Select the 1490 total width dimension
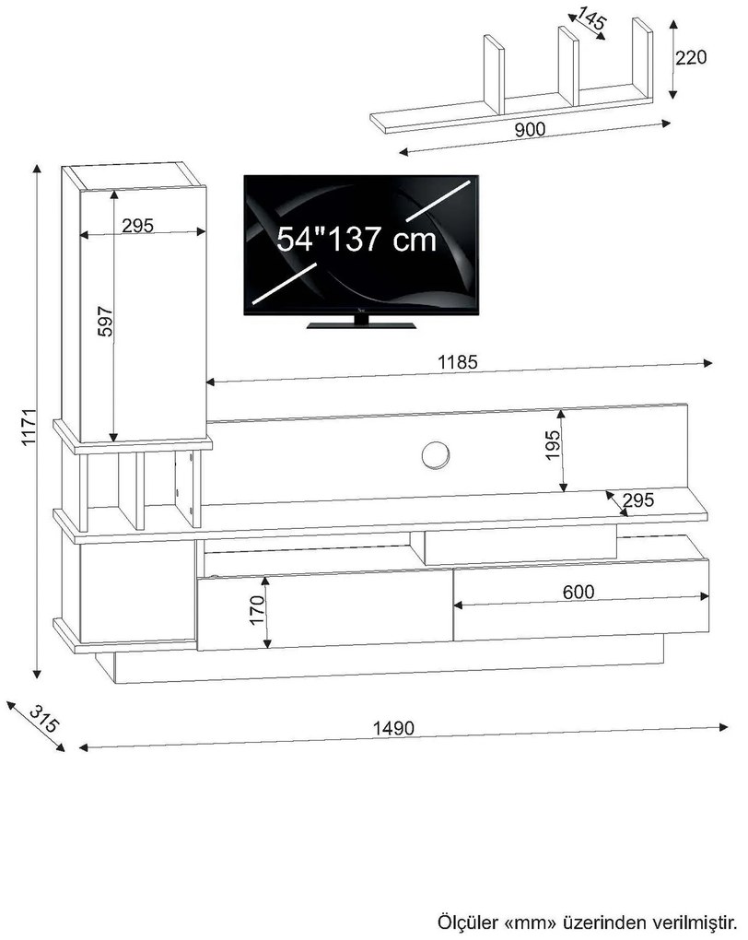(393, 728)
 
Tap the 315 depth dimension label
(43, 720)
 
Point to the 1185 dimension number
(457, 362)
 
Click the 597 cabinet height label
(105, 322)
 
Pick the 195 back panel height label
(552, 444)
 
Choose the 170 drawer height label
(257, 610)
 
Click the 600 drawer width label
(579, 592)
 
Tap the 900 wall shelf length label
(530, 130)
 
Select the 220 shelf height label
(691, 57)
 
